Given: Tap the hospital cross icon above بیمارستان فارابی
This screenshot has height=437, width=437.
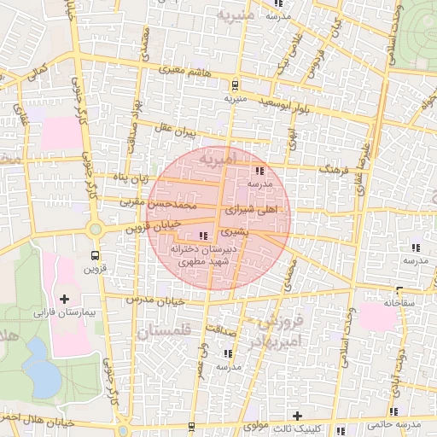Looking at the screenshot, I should (x=66, y=299).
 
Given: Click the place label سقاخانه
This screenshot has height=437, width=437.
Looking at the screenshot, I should (x=398, y=302).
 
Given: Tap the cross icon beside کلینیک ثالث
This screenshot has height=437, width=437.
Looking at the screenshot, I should (x=297, y=414).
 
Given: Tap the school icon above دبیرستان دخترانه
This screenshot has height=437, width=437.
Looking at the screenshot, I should (x=202, y=236).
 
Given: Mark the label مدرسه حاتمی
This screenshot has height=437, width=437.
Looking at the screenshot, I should (x=393, y=424).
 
